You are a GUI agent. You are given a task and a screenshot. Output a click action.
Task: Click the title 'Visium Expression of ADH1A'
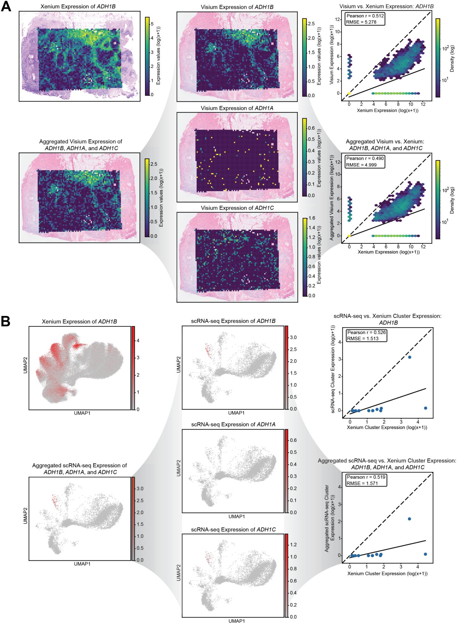click(237, 108)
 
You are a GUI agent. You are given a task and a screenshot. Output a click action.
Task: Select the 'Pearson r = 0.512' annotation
click(361, 16)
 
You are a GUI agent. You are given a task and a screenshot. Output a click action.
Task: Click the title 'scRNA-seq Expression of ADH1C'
click(233, 529)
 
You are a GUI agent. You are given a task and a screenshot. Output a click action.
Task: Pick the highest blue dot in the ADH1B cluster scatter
click(410, 357)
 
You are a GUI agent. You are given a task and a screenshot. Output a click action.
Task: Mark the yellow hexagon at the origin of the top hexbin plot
click(349, 93)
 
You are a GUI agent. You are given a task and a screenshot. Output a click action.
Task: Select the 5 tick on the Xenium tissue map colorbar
click(152, 24)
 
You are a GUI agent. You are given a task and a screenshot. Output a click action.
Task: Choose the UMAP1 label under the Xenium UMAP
click(82, 413)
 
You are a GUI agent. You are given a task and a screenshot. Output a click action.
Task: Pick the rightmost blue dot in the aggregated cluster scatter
click(425, 554)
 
